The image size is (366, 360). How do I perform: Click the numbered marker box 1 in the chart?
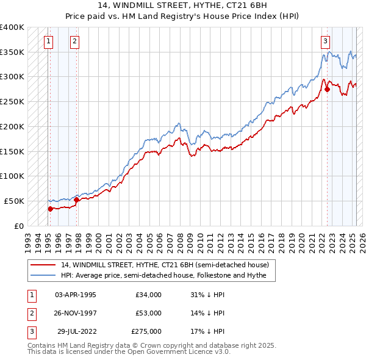click(x=48, y=41)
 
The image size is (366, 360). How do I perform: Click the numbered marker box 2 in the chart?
click(x=74, y=41)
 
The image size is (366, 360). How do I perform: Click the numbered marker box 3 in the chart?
click(x=325, y=41)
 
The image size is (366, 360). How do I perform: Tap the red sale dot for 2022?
click(x=327, y=89)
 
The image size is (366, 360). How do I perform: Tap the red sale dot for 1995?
click(x=50, y=209)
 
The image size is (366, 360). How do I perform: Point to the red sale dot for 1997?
click(x=76, y=200)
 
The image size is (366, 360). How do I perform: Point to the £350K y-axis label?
click(x=12, y=52)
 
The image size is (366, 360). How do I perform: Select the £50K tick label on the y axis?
click(x=14, y=201)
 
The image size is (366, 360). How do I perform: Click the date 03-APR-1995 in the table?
click(x=76, y=295)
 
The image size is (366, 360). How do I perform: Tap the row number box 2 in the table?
click(x=31, y=313)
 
